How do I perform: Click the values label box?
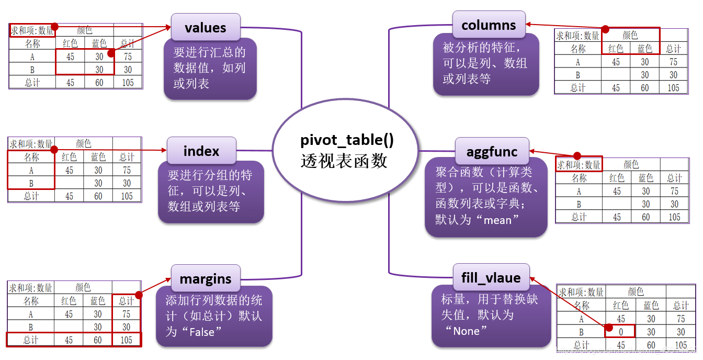click(206, 27)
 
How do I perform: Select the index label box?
click(201, 151)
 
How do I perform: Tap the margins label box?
click(206, 279)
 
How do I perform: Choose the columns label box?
click(489, 25)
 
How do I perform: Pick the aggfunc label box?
click(492, 152)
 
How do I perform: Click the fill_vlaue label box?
click(491, 277)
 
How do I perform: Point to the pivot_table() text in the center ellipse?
click(347, 141)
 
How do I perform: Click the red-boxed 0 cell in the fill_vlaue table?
click(620, 331)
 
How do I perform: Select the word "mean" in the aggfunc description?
click(497, 220)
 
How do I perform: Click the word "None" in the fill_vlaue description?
click(466, 331)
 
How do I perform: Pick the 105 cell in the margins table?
click(126, 340)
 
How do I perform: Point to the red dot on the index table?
click(53, 150)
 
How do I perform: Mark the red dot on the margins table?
click(139, 295)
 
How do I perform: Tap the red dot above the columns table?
click(605, 29)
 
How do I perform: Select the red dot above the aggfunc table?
click(577, 156)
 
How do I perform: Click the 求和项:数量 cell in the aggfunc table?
click(579, 165)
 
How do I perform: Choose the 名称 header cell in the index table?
click(31, 157)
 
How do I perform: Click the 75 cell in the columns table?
click(673, 62)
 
